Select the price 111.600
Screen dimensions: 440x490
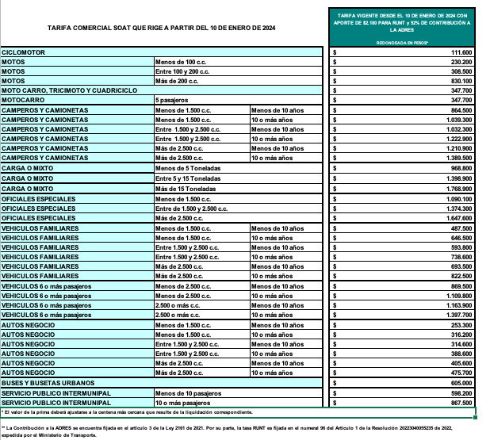(x=461, y=52)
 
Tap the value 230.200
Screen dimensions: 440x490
(x=461, y=61)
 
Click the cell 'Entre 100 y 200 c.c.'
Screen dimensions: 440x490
(x=182, y=71)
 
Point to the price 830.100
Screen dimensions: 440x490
(x=461, y=81)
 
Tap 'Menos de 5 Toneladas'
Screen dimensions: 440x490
(x=187, y=168)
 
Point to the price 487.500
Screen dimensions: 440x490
(x=461, y=228)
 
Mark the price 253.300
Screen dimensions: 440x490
(x=461, y=325)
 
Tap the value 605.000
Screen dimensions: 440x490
(x=461, y=383)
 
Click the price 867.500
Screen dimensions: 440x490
(x=461, y=403)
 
